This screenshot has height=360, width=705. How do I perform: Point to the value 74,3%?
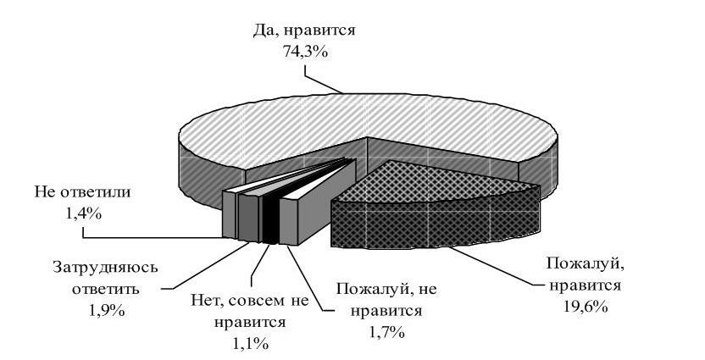306,53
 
